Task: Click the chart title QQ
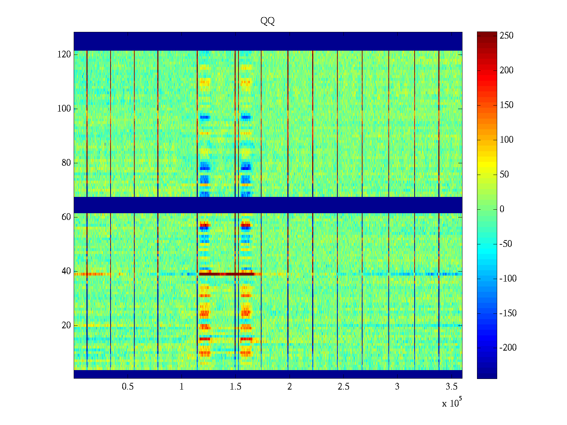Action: click(x=268, y=21)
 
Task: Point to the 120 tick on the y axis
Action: click(x=64, y=55)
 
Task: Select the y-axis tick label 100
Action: click(x=64, y=109)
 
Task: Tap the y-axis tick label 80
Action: click(x=66, y=163)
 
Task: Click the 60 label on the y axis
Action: click(x=66, y=217)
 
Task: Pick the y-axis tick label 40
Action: click(x=66, y=271)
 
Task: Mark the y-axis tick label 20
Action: click(x=66, y=325)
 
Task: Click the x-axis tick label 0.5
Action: click(x=128, y=387)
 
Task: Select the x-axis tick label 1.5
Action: click(x=236, y=387)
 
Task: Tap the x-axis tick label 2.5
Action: click(x=343, y=387)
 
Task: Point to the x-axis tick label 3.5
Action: click(x=451, y=387)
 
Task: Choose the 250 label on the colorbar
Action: click(x=506, y=36)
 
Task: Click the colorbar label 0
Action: click(x=502, y=209)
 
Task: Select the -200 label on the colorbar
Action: click(x=508, y=348)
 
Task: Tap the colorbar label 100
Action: click(x=506, y=140)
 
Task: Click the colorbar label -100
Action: click(x=508, y=279)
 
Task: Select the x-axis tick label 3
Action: click(x=397, y=387)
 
